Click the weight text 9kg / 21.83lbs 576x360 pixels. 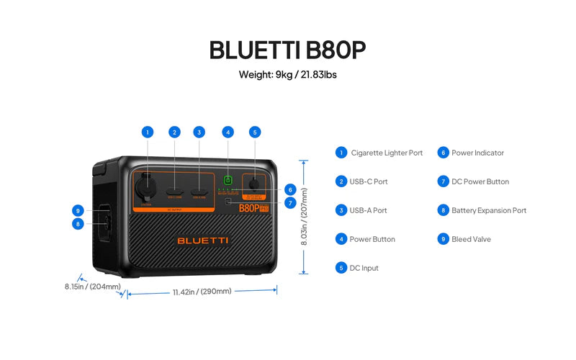point(288,75)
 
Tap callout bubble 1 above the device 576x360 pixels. point(148,132)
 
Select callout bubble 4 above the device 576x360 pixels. point(228,132)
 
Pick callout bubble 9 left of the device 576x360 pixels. point(78,210)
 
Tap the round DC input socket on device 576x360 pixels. point(253,183)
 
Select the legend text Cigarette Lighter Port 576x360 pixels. point(387,153)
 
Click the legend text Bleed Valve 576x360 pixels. point(471,239)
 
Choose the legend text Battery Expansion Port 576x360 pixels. point(489,210)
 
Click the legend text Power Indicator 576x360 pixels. point(477,153)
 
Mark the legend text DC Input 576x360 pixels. point(364,268)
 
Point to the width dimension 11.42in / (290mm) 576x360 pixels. point(202,292)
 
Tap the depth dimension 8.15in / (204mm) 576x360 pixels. point(89,286)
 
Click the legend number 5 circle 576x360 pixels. point(341,268)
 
